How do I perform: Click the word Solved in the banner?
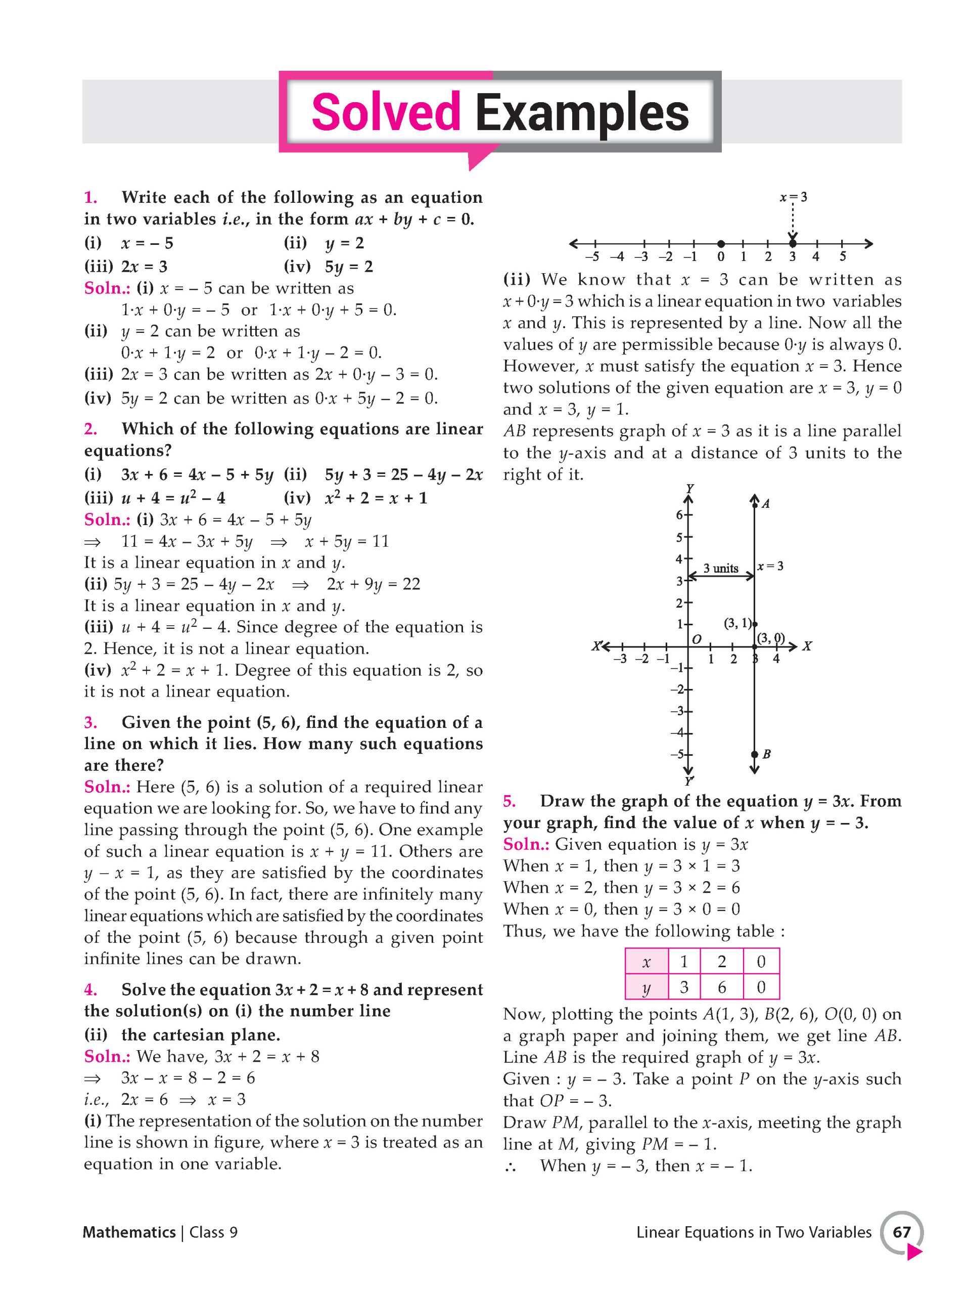pos(386,112)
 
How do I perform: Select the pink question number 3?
pos(90,722)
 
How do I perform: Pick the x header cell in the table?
pos(646,962)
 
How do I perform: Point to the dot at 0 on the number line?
pos(721,243)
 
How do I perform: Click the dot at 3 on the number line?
pos(792,243)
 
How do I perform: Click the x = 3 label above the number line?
pos(793,197)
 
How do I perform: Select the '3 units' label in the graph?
pos(720,569)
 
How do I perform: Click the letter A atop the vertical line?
pos(765,503)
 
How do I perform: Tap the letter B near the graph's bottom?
pos(766,754)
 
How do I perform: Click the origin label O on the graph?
pos(696,640)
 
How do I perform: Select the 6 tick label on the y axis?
pos(679,515)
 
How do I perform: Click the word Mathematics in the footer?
pos(129,1232)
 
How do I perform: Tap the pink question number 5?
pos(509,801)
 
